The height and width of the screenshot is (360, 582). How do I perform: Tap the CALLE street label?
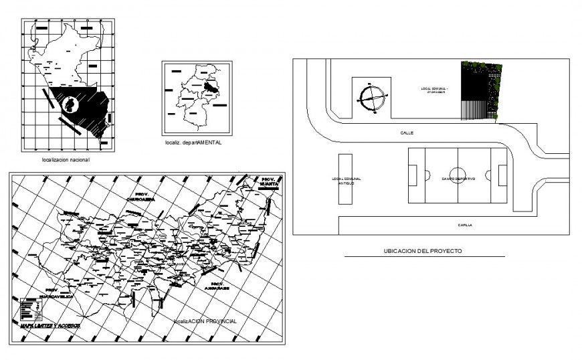point(407,133)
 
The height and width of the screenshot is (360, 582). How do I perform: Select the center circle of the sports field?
point(458,175)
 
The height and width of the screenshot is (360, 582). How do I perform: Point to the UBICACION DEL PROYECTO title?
point(423,251)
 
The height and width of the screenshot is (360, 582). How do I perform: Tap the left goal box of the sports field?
point(413,176)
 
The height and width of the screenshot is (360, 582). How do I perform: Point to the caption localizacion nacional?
point(66,161)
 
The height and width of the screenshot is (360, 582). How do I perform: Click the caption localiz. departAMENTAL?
point(193,143)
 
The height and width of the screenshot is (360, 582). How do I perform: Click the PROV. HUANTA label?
point(268,181)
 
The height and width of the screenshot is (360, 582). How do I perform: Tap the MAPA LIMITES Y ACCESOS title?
point(51,325)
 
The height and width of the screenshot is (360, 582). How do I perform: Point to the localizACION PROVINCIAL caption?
point(205,321)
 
